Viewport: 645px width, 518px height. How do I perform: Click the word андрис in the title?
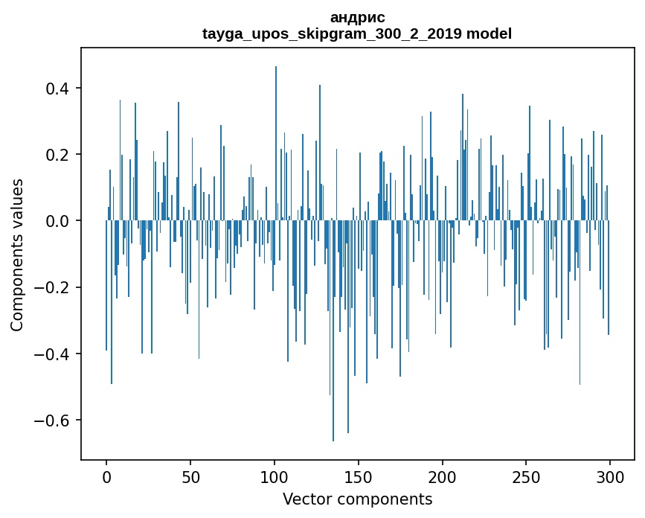(x=357, y=17)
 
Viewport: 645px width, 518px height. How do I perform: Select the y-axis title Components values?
(x=17, y=254)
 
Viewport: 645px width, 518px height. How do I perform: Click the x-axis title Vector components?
(x=357, y=499)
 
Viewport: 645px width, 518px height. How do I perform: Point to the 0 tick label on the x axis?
(x=106, y=477)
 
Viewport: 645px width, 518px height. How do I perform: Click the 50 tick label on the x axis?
(x=190, y=477)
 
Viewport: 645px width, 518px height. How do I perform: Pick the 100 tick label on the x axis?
(x=275, y=477)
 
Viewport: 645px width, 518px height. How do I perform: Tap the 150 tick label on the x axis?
(x=359, y=477)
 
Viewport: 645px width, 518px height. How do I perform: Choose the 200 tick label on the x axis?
(x=443, y=477)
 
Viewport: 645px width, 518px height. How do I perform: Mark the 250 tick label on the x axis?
(x=527, y=477)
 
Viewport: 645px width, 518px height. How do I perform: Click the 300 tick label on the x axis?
(x=610, y=477)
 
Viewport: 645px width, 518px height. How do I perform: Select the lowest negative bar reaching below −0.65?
(x=333, y=335)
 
